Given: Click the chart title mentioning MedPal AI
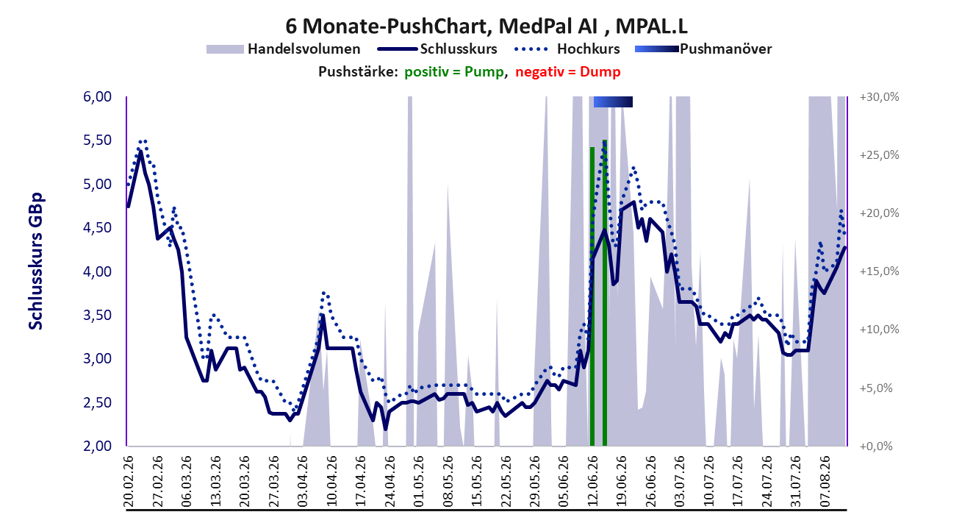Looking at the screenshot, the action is click(x=486, y=26).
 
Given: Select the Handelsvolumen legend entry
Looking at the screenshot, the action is click(x=283, y=49).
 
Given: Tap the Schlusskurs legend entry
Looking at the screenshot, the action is click(x=437, y=49).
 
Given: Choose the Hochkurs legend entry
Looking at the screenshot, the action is click(x=567, y=49).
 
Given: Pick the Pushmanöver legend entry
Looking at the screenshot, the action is click(x=703, y=49).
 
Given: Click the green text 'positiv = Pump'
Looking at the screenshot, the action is click(x=454, y=72).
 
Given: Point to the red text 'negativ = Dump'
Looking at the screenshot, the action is click(x=568, y=72).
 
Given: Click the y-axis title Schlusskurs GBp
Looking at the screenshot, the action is click(x=35, y=261).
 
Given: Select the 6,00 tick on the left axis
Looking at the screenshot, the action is click(x=97, y=96).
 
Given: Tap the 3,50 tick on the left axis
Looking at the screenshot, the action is click(x=97, y=315).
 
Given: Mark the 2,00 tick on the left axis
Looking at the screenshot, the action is click(x=97, y=446).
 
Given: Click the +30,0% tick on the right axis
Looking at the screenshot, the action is click(x=879, y=97).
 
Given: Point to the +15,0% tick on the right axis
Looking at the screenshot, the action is click(x=879, y=271).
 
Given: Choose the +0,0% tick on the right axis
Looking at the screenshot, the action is click(x=876, y=446).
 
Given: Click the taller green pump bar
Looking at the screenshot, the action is click(x=605, y=293).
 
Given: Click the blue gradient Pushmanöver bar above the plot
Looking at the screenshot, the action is click(x=613, y=102).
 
